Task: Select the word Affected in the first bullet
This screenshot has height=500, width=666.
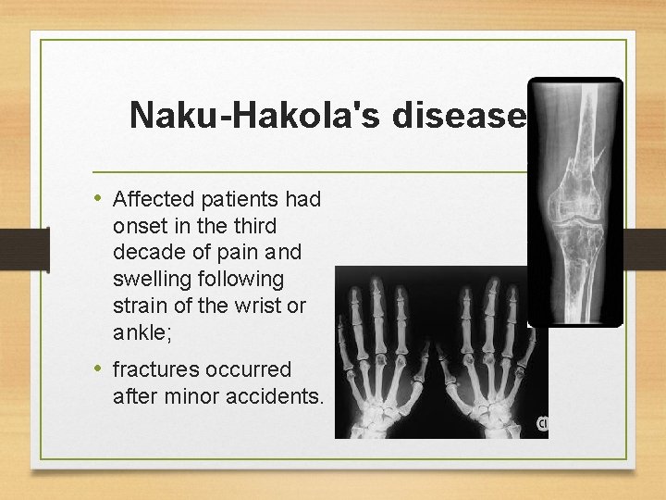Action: click(x=151, y=199)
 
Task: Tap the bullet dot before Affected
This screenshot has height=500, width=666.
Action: click(x=99, y=199)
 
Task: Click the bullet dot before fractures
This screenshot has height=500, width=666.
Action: click(x=99, y=369)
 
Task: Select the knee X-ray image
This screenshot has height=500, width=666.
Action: click(x=573, y=202)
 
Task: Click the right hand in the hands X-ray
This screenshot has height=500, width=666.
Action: click(x=491, y=356)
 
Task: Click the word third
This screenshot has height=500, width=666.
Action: click(x=257, y=225)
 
